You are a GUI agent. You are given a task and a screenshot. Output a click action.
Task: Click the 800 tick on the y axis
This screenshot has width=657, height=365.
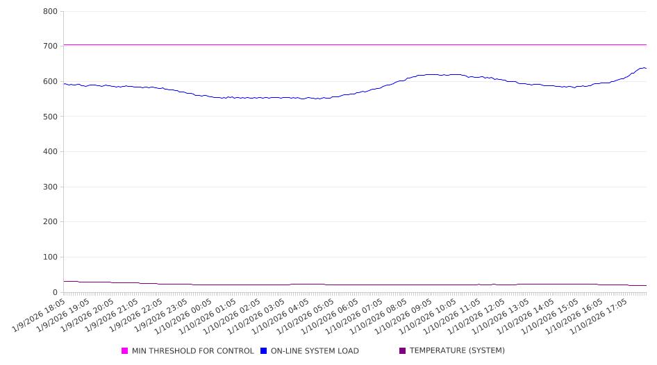click(x=50, y=12)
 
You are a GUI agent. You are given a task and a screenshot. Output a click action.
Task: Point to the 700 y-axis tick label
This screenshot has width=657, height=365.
click(x=50, y=46)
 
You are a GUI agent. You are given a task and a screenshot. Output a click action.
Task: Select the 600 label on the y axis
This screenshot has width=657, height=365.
click(x=50, y=82)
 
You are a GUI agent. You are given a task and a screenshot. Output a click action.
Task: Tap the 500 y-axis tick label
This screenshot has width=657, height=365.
click(x=50, y=117)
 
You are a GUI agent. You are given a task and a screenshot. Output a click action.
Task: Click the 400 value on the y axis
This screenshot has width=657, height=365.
click(x=50, y=152)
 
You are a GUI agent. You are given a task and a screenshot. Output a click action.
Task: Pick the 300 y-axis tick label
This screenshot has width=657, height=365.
click(x=50, y=187)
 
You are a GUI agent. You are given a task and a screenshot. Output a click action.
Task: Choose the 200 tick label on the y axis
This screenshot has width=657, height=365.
click(x=50, y=222)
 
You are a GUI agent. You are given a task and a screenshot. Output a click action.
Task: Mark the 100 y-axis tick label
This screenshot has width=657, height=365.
click(x=50, y=257)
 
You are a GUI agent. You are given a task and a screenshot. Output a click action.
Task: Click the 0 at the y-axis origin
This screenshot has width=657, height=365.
click(x=55, y=293)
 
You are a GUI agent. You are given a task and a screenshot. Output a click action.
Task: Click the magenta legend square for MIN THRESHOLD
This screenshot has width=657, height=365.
click(x=125, y=351)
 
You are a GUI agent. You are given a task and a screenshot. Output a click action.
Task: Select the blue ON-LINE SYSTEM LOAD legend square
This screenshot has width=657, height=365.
click(x=264, y=351)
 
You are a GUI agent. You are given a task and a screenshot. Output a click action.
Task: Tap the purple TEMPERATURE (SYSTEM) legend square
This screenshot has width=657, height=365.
click(x=402, y=351)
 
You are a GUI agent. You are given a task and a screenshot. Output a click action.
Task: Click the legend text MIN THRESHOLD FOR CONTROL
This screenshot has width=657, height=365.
click(x=193, y=351)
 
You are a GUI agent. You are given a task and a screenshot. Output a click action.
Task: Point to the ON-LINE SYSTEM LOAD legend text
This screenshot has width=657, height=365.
click(x=315, y=351)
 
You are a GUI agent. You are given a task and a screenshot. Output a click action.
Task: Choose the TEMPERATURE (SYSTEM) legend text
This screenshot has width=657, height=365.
click(x=457, y=351)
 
